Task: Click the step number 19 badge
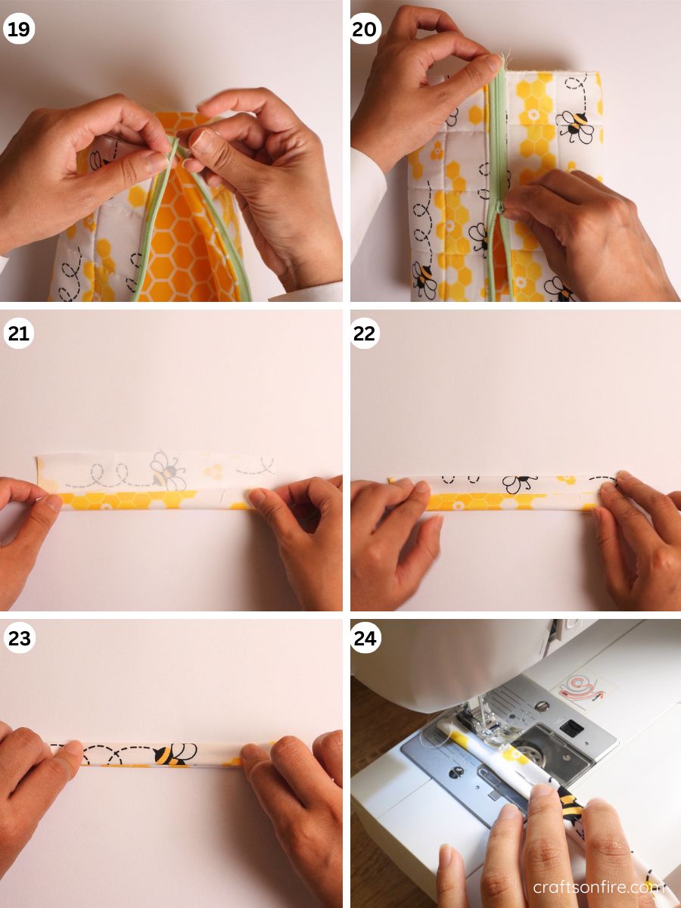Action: pyautogui.click(x=19, y=30)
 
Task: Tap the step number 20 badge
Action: pyautogui.click(x=366, y=30)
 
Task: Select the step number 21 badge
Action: pyautogui.click(x=19, y=334)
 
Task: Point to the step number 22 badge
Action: pyautogui.click(x=366, y=334)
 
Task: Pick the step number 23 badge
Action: pyautogui.click(x=19, y=638)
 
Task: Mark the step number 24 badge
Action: pyautogui.click(x=366, y=638)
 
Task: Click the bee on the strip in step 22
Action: pyautogui.click(x=521, y=482)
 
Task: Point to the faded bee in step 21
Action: pyautogui.click(x=167, y=471)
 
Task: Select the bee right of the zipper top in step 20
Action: pyautogui.click(x=576, y=125)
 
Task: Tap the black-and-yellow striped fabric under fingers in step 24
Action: pyautogui.click(x=570, y=802)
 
